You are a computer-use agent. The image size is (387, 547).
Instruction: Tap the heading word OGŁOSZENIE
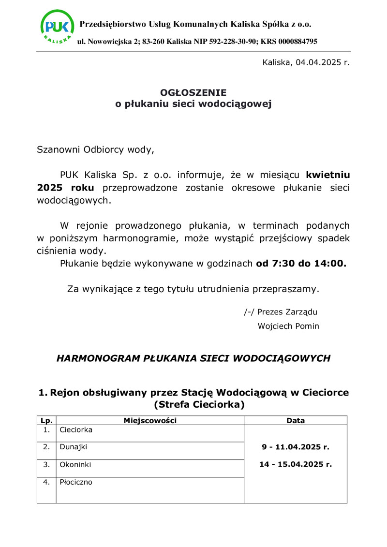(193, 92)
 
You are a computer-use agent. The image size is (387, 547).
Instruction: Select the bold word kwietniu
(327, 175)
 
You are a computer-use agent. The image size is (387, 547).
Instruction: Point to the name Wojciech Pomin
(288, 326)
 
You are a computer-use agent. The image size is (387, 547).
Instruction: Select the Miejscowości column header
(150, 421)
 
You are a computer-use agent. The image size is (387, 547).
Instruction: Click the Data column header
(296, 421)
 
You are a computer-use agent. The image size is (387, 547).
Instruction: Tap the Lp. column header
(46, 421)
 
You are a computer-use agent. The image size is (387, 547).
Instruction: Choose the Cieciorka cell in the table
(76, 429)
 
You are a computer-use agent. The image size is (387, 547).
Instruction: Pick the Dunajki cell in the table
(74, 447)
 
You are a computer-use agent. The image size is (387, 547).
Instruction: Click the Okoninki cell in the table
(75, 465)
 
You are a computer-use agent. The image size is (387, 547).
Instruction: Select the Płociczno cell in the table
(76, 482)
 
